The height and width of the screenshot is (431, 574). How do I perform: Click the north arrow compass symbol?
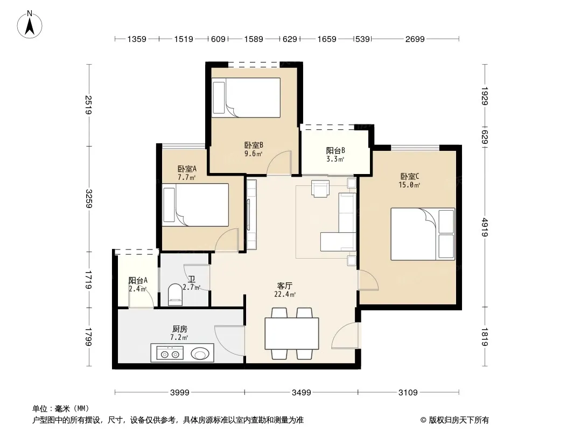coord(30,25)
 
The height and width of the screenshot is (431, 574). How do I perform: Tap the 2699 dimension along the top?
coord(415,39)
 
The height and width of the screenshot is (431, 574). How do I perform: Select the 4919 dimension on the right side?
coord(485,227)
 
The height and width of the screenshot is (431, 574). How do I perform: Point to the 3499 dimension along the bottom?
coord(302,393)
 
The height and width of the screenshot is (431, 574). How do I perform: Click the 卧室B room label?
coord(254,145)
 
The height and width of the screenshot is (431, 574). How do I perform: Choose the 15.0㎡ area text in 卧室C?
coord(409,185)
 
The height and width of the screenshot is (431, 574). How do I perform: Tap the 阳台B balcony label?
coord(335,150)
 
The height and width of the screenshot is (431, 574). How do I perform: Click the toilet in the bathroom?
coord(176,294)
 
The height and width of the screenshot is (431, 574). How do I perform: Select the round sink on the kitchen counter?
coord(200,354)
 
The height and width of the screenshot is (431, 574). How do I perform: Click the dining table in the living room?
coord(292,333)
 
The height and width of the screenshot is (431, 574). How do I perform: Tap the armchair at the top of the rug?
coord(320,189)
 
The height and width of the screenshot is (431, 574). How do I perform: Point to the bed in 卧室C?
coord(423,234)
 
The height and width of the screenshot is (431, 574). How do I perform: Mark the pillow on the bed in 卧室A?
coord(169,205)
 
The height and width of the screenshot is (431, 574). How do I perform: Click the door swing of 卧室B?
coord(279,163)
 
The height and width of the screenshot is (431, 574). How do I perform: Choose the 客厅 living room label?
coord(284,286)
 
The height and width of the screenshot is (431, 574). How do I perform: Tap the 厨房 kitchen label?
coord(180,329)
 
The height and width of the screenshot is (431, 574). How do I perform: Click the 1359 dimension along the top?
coord(137,39)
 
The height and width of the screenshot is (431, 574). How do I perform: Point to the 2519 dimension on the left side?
coord(88,105)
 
